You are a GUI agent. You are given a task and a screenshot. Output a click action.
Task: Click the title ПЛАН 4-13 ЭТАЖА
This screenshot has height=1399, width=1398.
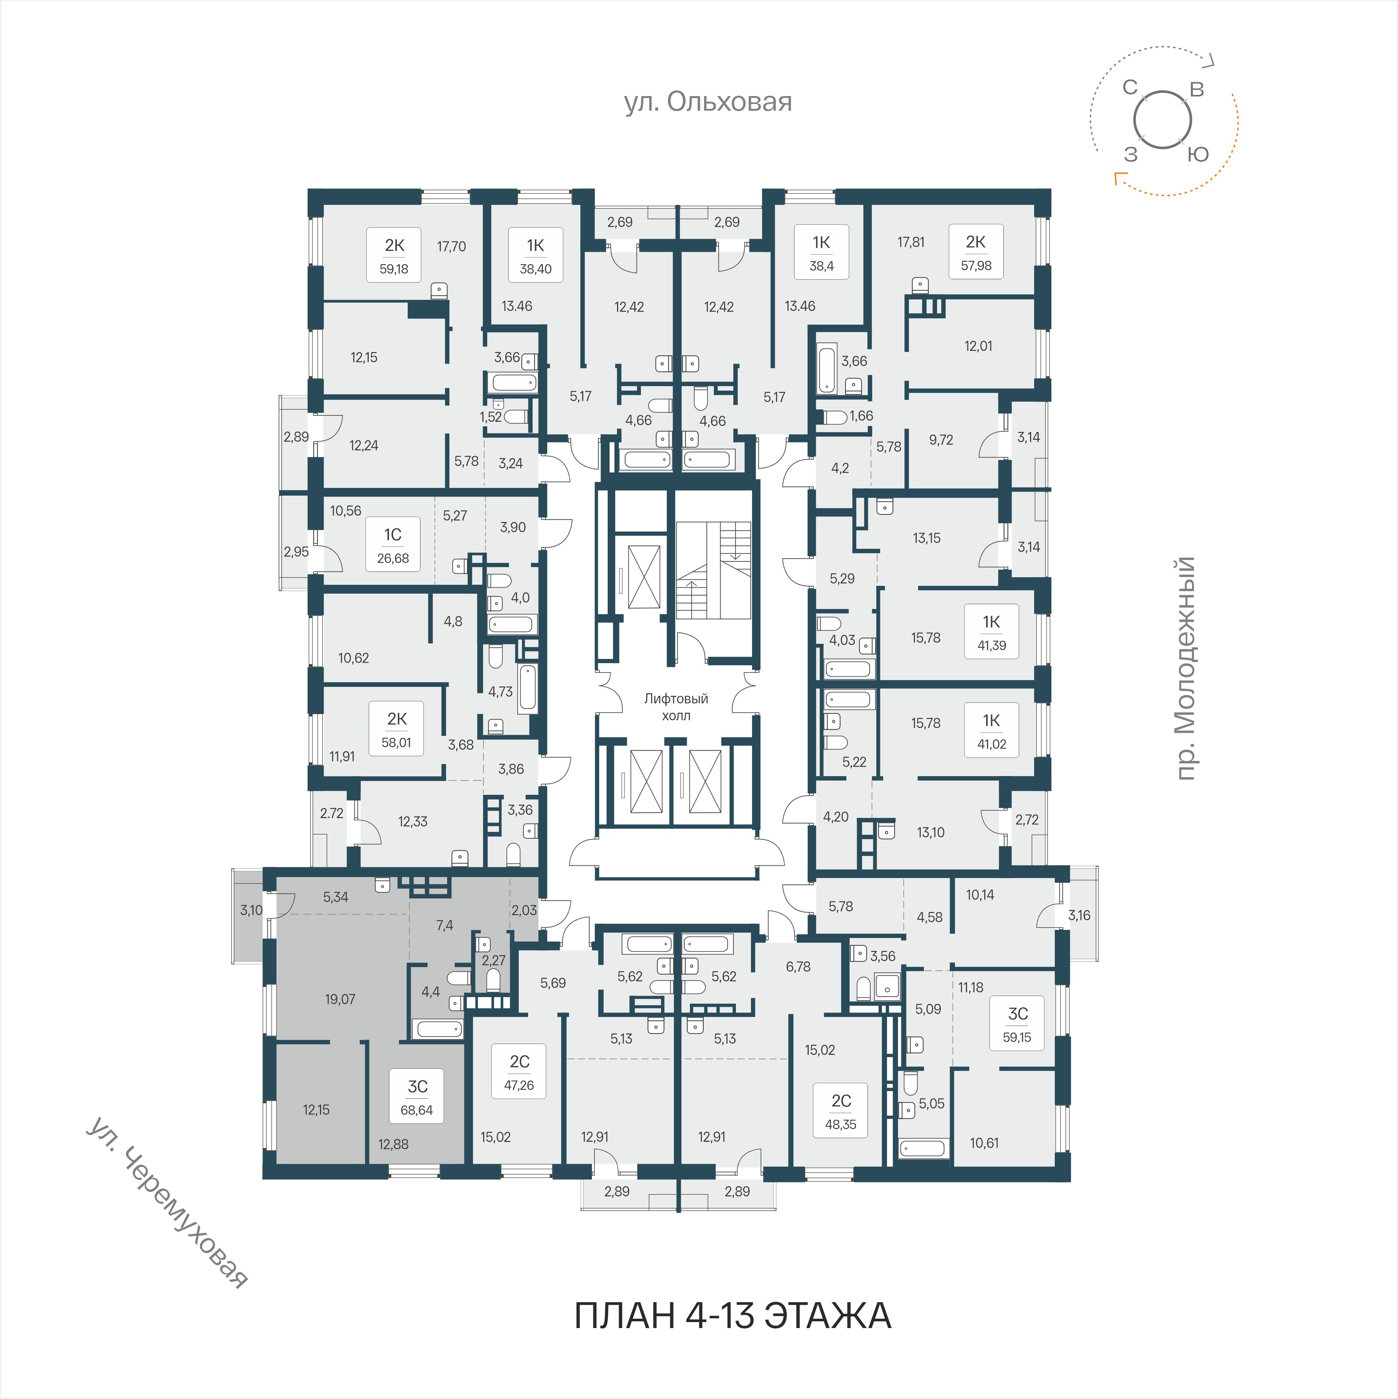(x=733, y=1316)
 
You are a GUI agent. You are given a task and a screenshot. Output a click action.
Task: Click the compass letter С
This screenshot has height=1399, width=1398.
(x=1130, y=87)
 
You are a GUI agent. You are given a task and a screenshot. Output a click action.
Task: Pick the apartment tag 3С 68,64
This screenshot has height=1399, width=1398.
(x=417, y=1097)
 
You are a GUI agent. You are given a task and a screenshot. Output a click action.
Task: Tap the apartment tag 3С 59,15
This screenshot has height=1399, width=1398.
(x=1017, y=1024)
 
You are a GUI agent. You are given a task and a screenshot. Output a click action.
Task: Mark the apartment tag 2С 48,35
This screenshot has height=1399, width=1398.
(x=841, y=1112)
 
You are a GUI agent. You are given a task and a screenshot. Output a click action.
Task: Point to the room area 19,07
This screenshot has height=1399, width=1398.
(x=340, y=999)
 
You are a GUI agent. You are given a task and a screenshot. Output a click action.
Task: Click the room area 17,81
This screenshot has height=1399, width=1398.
(x=911, y=242)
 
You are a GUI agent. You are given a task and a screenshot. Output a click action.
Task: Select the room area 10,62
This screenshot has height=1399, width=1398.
(x=353, y=658)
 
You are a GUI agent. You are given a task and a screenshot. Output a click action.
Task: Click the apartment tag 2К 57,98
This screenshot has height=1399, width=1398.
(x=976, y=252)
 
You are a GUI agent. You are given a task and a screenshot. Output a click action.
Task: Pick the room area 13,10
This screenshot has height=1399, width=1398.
(x=930, y=833)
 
